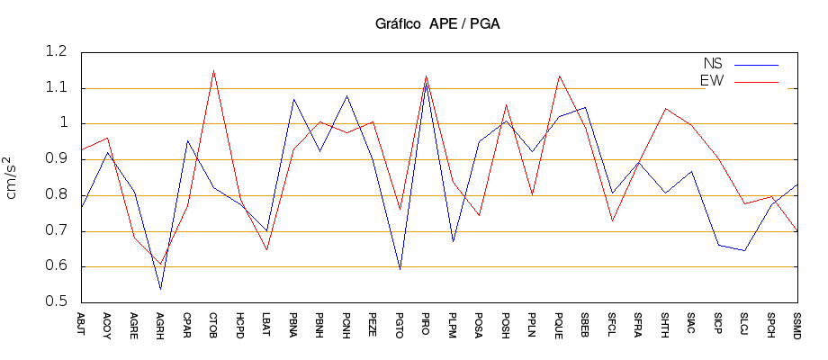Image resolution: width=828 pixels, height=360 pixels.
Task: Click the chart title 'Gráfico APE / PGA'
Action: tap(437, 24)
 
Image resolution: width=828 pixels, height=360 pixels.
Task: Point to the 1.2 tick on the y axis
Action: tap(56, 52)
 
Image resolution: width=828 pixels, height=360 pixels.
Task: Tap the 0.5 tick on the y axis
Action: tap(56, 301)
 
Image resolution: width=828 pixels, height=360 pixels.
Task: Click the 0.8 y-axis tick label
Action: tap(56, 195)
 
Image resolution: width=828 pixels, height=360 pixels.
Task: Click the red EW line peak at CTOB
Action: tap(213, 70)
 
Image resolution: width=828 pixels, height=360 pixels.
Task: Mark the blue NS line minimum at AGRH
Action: tap(160, 289)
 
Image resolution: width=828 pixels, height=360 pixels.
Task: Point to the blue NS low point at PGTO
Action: tap(400, 269)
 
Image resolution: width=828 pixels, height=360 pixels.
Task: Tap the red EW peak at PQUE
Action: tap(559, 76)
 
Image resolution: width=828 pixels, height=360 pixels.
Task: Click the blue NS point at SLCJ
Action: tap(744, 250)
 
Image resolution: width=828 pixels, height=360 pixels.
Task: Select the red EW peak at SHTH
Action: tap(665, 108)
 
